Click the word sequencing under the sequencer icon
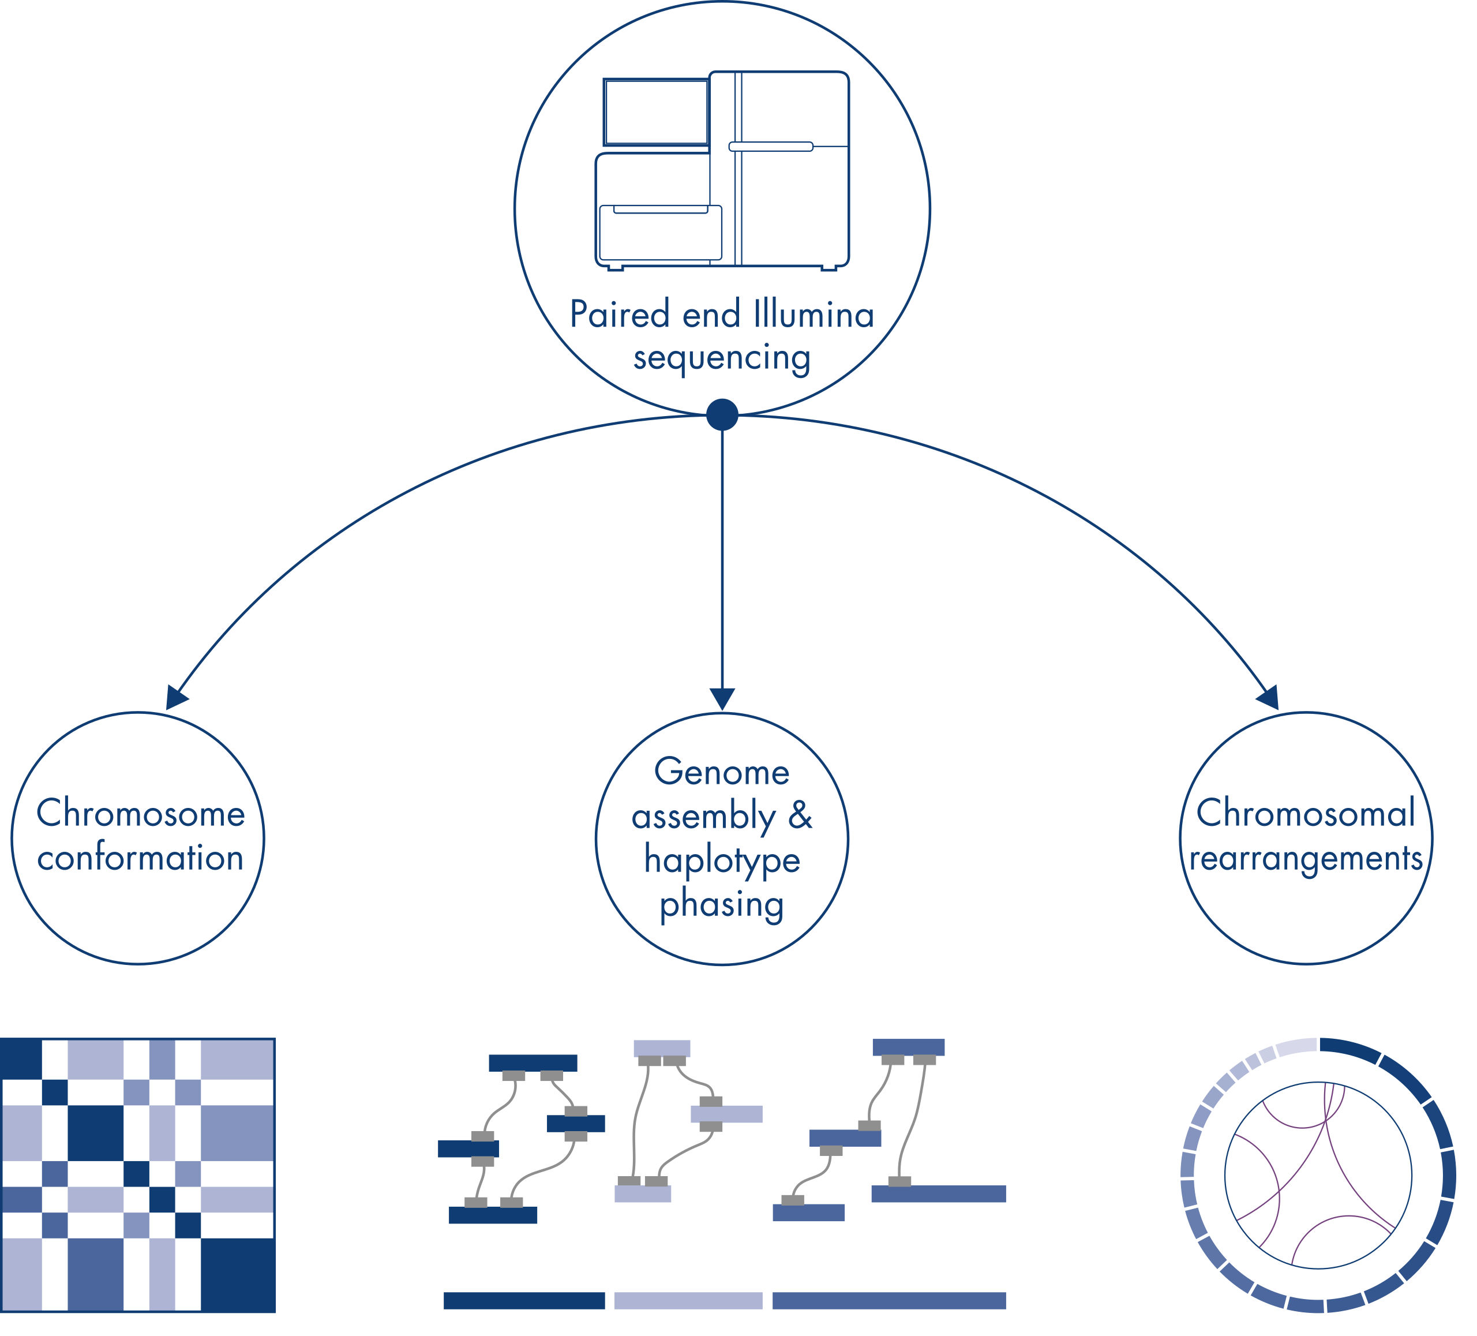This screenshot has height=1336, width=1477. pyautogui.click(x=722, y=358)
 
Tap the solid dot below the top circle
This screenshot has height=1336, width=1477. pyautogui.click(x=722, y=415)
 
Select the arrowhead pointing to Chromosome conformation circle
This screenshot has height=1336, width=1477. pyautogui.click(x=176, y=697)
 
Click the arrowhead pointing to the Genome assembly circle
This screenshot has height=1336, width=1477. pyautogui.click(x=722, y=699)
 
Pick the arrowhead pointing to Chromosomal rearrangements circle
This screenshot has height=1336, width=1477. pyautogui.click(x=1269, y=697)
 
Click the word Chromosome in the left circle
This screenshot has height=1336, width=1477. pyautogui.click(x=141, y=814)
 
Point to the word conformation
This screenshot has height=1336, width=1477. pyautogui.click(x=141, y=858)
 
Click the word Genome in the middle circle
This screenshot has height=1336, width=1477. pyautogui.click(x=722, y=772)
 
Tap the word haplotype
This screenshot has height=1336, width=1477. pyautogui.click(x=722, y=860)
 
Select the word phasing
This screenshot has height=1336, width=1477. pyautogui.click(x=722, y=904)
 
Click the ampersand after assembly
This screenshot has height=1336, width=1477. pyautogui.click(x=801, y=815)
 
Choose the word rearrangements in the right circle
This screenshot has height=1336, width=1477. pyautogui.click(x=1306, y=858)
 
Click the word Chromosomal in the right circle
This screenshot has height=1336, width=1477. pyautogui.click(x=1306, y=814)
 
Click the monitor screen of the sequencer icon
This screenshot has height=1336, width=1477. pyautogui.click(x=656, y=112)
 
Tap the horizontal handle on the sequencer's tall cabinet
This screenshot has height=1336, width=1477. pyautogui.click(x=771, y=147)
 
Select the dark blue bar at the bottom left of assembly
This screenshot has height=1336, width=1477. pyautogui.click(x=524, y=1301)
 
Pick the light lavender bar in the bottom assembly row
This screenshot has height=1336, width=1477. pyautogui.click(x=688, y=1301)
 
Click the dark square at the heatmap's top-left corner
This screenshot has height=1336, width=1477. pyautogui.click(x=21, y=1059)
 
